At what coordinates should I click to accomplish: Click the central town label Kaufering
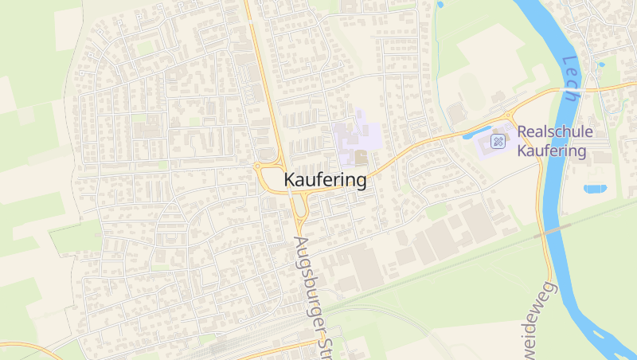pyautogui.click(x=325, y=181)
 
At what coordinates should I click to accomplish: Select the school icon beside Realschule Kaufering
pyautogui.click(x=498, y=142)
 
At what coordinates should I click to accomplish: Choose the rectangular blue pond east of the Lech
pyautogui.click(x=594, y=189)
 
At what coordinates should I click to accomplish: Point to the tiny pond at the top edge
pyautogui.click(x=440, y=4)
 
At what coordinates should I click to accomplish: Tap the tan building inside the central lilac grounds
pyautogui.click(x=361, y=156)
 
